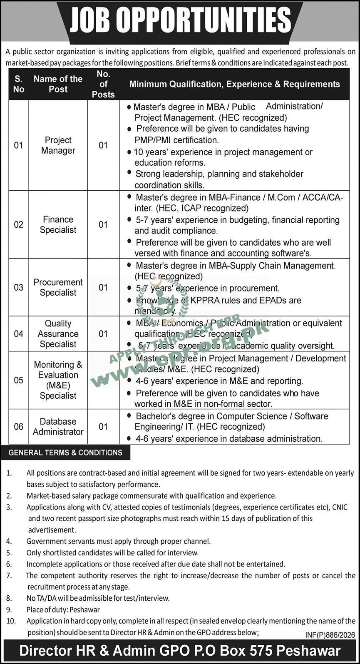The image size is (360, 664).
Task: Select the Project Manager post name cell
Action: [58, 145]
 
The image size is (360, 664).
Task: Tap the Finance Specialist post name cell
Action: [58, 224]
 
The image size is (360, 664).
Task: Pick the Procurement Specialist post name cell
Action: [58, 287]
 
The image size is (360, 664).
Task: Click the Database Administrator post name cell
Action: [58, 427]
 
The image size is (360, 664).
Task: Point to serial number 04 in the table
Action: [19, 334]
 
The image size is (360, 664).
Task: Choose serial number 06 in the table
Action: [19, 427]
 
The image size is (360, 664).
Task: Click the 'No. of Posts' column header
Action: [103, 84]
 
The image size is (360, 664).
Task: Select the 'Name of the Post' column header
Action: [58, 84]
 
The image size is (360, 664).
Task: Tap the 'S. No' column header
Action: [19, 84]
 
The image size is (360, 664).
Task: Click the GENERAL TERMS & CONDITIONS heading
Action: [65, 453]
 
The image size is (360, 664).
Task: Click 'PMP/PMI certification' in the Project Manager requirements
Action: [176, 140]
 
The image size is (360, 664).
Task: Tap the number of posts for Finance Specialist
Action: [103, 224]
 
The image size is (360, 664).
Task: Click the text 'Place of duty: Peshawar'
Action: [63, 609]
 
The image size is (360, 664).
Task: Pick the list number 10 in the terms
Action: [11, 621]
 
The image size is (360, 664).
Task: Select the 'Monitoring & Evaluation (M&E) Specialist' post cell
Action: [58, 380]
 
